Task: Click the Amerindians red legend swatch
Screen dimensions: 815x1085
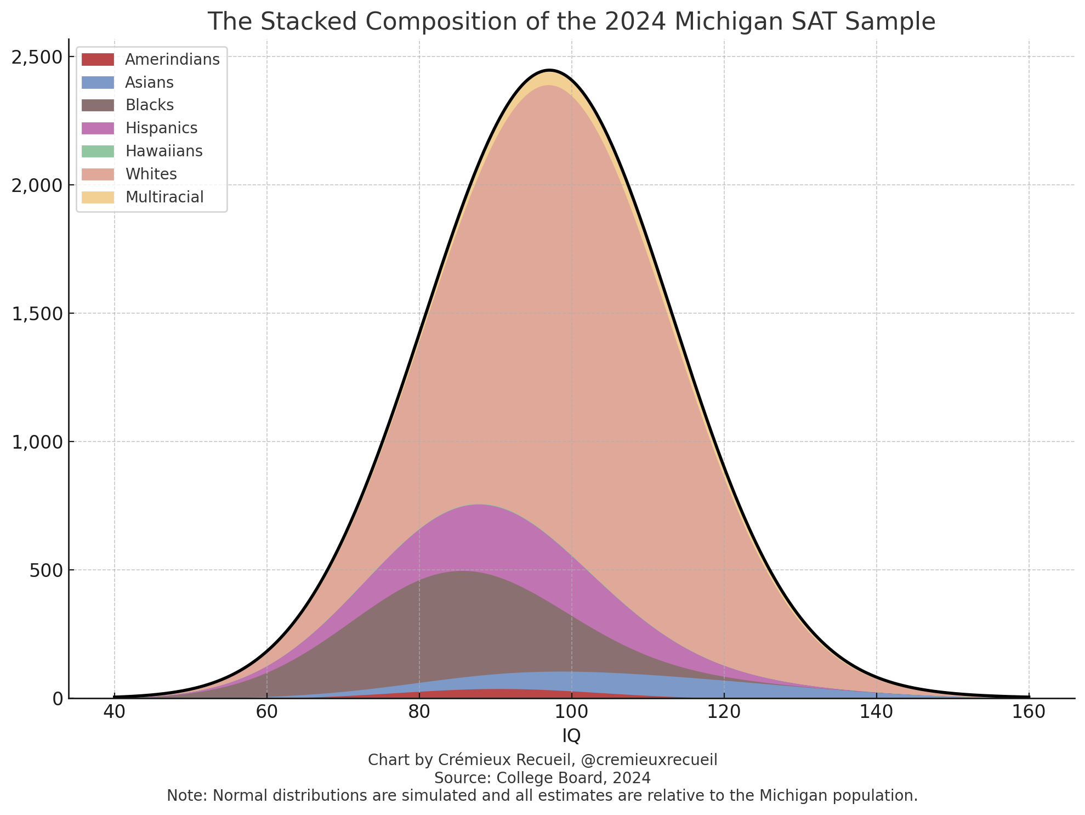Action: [x=98, y=59]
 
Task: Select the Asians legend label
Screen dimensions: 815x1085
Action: [x=149, y=82]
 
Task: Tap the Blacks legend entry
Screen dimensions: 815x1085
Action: [x=149, y=105]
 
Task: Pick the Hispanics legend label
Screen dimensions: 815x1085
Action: [x=161, y=128]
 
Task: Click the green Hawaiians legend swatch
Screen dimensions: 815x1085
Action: [x=98, y=151]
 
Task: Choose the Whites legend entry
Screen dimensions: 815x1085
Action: [x=151, y=174]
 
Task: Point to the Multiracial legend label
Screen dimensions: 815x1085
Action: [x=164, y=197]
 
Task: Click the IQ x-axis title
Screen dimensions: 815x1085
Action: [x=571, y=736]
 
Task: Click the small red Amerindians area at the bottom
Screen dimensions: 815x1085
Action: [x=496, y=693]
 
